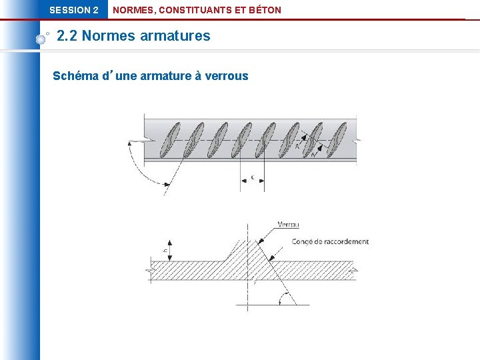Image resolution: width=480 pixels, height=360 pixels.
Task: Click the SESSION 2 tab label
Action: (x=73, y=10)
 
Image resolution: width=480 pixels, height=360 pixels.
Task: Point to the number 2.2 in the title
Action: (x=67, y=36)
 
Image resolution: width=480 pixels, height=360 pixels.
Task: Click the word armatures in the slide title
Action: (x=175, y=36)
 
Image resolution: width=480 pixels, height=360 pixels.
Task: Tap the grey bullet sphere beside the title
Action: (x=41, y=39)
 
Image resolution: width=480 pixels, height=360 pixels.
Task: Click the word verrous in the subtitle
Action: (x=226, y=76)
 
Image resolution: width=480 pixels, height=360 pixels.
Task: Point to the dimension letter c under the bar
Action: (x=252, y=177)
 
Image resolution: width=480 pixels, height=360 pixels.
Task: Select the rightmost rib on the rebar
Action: (x=338, y=139)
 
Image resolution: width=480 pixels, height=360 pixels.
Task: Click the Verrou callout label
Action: (x=288, y=225)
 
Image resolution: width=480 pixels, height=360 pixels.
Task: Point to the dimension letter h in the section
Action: (x=164, y=251)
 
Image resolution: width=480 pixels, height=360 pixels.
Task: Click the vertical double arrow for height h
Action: (x=171, y=251)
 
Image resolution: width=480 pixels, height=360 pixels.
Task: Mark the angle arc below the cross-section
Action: (x=287, y=298)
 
